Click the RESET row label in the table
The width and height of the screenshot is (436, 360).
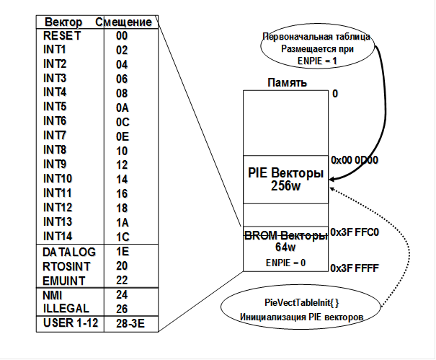[x=63, y=35]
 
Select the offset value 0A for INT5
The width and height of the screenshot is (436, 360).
[x=122, y=107]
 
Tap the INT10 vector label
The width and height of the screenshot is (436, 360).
[x=58, y=178]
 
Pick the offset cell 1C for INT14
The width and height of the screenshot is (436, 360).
[x=122, y=236]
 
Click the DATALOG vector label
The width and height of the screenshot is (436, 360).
[x=69, y=252]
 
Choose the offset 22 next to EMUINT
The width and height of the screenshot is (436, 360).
[x=122, y=280]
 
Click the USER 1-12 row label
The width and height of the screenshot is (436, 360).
[x=70, y=322]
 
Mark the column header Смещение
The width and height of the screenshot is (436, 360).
[x=123, y=22]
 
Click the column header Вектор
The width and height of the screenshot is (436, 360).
[x=63, y=22]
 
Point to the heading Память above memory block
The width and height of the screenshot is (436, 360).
[x=288, y=83]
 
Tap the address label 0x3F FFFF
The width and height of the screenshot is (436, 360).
[x=354, y=268]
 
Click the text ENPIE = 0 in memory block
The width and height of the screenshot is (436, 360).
[x=285, y=262]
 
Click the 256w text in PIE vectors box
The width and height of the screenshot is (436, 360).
[x=286, y=186]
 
